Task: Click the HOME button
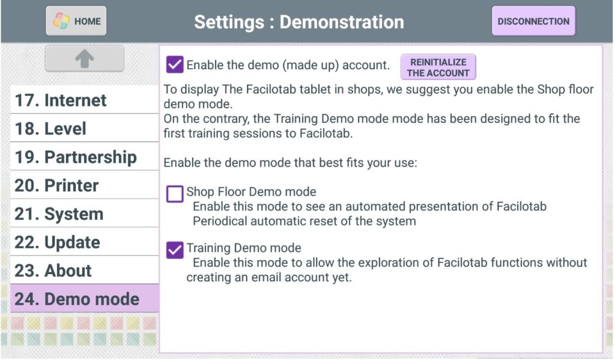pos(76,21)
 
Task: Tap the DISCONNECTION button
pos(533,21)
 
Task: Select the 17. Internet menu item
pos(84,100)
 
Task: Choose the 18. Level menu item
pos(84,128)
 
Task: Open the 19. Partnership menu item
pos(84,156)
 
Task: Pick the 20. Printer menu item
pos(84,185)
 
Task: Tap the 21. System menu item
pos(84,213)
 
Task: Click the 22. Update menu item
pos(84,242)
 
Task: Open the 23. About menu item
pos(84,270)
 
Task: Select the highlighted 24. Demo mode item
pos(84,298)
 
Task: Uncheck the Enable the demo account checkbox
pos(175,64)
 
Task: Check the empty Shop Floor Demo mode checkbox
pos(175,194)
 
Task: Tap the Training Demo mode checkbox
pos(175,250)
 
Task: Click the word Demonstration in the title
pos(342,22)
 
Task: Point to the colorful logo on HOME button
pos(61,21)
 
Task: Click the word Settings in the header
pos(229,22)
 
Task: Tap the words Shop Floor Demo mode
pos(251,192)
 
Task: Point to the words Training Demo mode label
pos(244,248)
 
